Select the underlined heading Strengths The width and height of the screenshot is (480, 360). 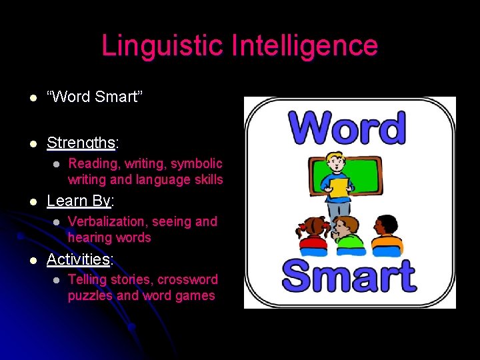pyautogui.click(x=80, y=143)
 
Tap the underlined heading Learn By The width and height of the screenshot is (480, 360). pyautogui.click(x=79, y=201)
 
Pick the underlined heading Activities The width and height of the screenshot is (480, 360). pyautogui.click(x=78, y=259)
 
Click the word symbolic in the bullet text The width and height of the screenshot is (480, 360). pyautogui.click(x=197, y=163)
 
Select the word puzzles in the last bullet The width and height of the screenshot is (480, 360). pyautogui.click(x=91, y=295)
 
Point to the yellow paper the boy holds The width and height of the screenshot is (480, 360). pyautogui.click(x=339, y=187)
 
